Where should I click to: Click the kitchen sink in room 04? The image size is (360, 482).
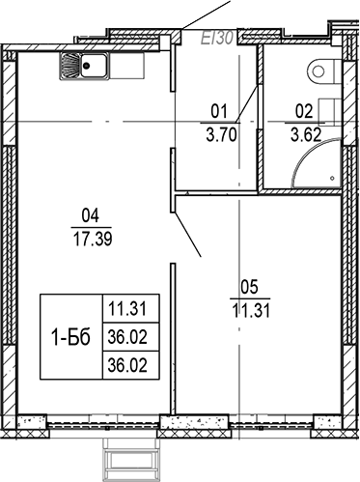pyautogui.click(x=84, y=66)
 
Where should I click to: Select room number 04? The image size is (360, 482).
pyautogui.click(x=92, y=216)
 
